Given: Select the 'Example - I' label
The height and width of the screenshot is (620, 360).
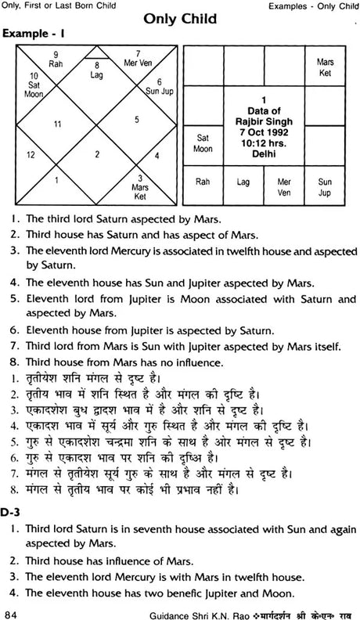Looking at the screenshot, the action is [x=31, y=36].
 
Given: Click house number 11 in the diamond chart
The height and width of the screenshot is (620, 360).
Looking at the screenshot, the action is [x=56, y=124].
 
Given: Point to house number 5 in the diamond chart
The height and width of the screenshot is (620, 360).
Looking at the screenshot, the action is [x=136, y=119].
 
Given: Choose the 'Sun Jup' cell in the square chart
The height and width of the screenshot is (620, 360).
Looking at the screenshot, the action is [x=323, y=185].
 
